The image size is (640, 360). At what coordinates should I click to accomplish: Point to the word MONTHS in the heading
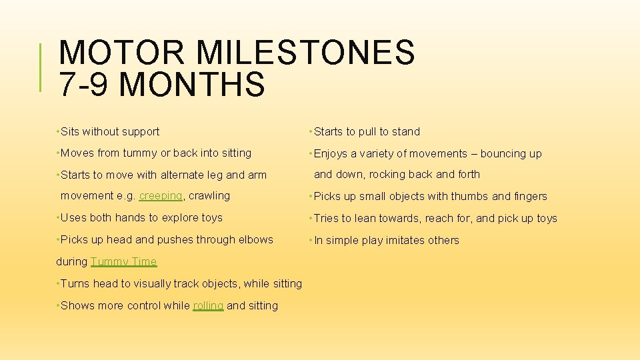[194, 85]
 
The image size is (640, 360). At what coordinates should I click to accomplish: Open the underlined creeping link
[161, 196]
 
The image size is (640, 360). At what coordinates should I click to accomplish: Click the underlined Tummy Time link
[123, 262]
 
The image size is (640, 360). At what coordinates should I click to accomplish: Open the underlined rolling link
[208, 306]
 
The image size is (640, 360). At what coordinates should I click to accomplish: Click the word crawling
[210, 196]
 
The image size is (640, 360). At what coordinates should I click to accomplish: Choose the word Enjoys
[331, 154]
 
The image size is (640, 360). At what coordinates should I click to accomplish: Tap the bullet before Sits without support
[58, 132]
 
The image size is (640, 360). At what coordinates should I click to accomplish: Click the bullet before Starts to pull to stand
[311, 132]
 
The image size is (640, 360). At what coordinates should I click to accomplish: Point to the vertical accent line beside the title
[41, 67]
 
